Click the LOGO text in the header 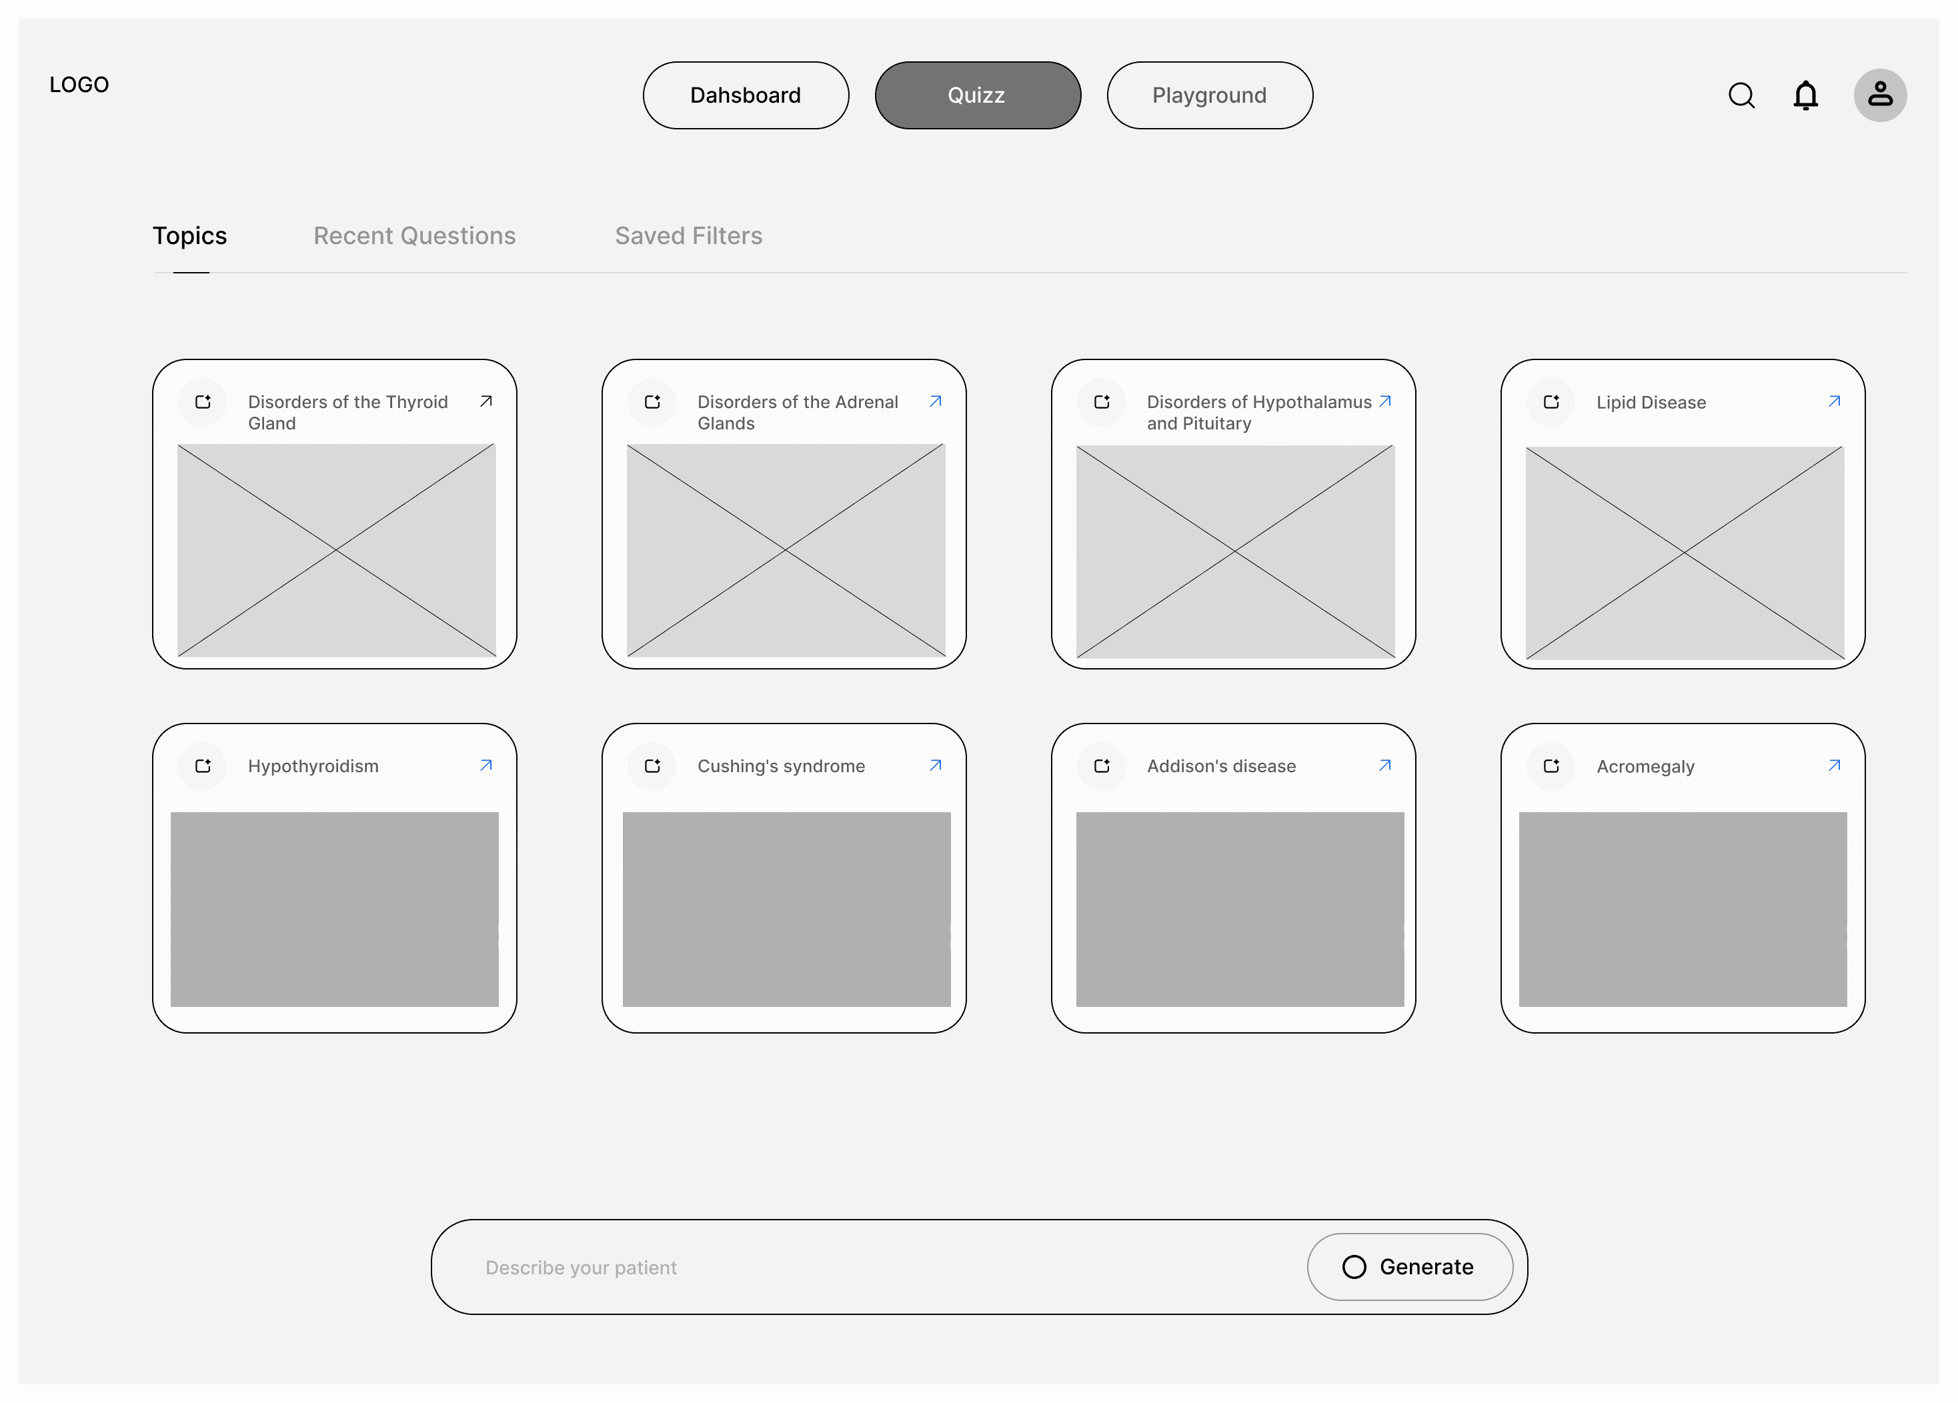(79, 85)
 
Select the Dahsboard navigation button (746, 95)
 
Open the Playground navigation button (1210, 95)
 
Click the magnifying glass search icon (1741, 95)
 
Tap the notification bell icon (1805, 95)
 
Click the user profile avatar (1880, 95)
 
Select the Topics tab (190, 235)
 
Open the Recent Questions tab (414, 235)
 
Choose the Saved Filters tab (689, 235)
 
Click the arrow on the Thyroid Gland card (486, 401)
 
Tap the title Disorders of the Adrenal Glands (798, 413)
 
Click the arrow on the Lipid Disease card (1835, 401)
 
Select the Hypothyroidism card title (313, 766)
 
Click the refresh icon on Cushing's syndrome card (653, 766)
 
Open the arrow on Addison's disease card (1384, 766)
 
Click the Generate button (1410, 1266)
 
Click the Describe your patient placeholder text (581, 1268)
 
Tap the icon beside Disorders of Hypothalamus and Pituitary (1102, 402)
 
